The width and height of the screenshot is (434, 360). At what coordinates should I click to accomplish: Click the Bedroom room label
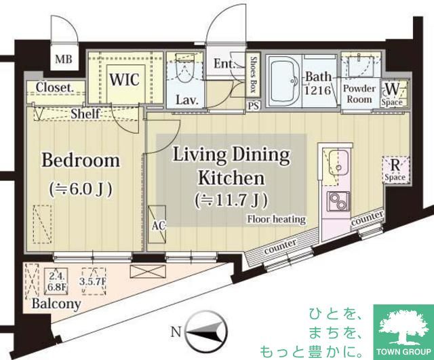pos(81,161)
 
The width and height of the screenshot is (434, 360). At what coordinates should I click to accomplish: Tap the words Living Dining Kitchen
pos(230,167)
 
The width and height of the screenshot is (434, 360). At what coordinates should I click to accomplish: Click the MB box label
pos(63,59)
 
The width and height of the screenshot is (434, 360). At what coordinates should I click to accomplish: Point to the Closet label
pos(55,87)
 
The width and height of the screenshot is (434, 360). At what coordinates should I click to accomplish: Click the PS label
pos(254,106)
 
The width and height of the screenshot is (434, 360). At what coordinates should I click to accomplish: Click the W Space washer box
pos(394,92)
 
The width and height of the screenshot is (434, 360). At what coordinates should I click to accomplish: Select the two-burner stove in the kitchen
pos(336,201)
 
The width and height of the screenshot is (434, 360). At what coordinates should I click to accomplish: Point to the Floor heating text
pos(276,219)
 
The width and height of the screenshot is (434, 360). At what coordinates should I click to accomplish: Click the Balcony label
pos(56,304)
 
